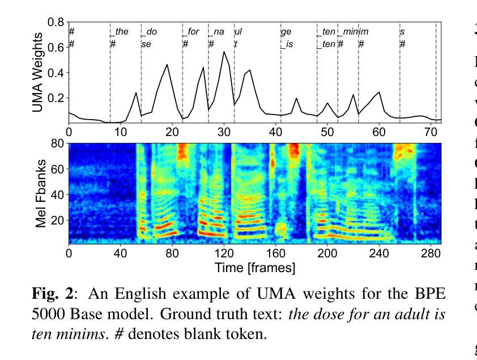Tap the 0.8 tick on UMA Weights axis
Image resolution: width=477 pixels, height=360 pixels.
[x=56, y=23]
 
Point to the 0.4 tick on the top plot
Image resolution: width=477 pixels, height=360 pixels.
[x=56, y=73]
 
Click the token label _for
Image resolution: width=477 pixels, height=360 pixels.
[x=191, y=32]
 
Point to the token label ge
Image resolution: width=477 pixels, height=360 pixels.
[x=286, y=32]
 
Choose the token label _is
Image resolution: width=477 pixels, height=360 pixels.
[x=287, y=44]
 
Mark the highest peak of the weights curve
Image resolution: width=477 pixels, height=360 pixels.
[x=224, y=52]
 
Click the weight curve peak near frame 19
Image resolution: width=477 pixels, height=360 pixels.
[x=167, y=65]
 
